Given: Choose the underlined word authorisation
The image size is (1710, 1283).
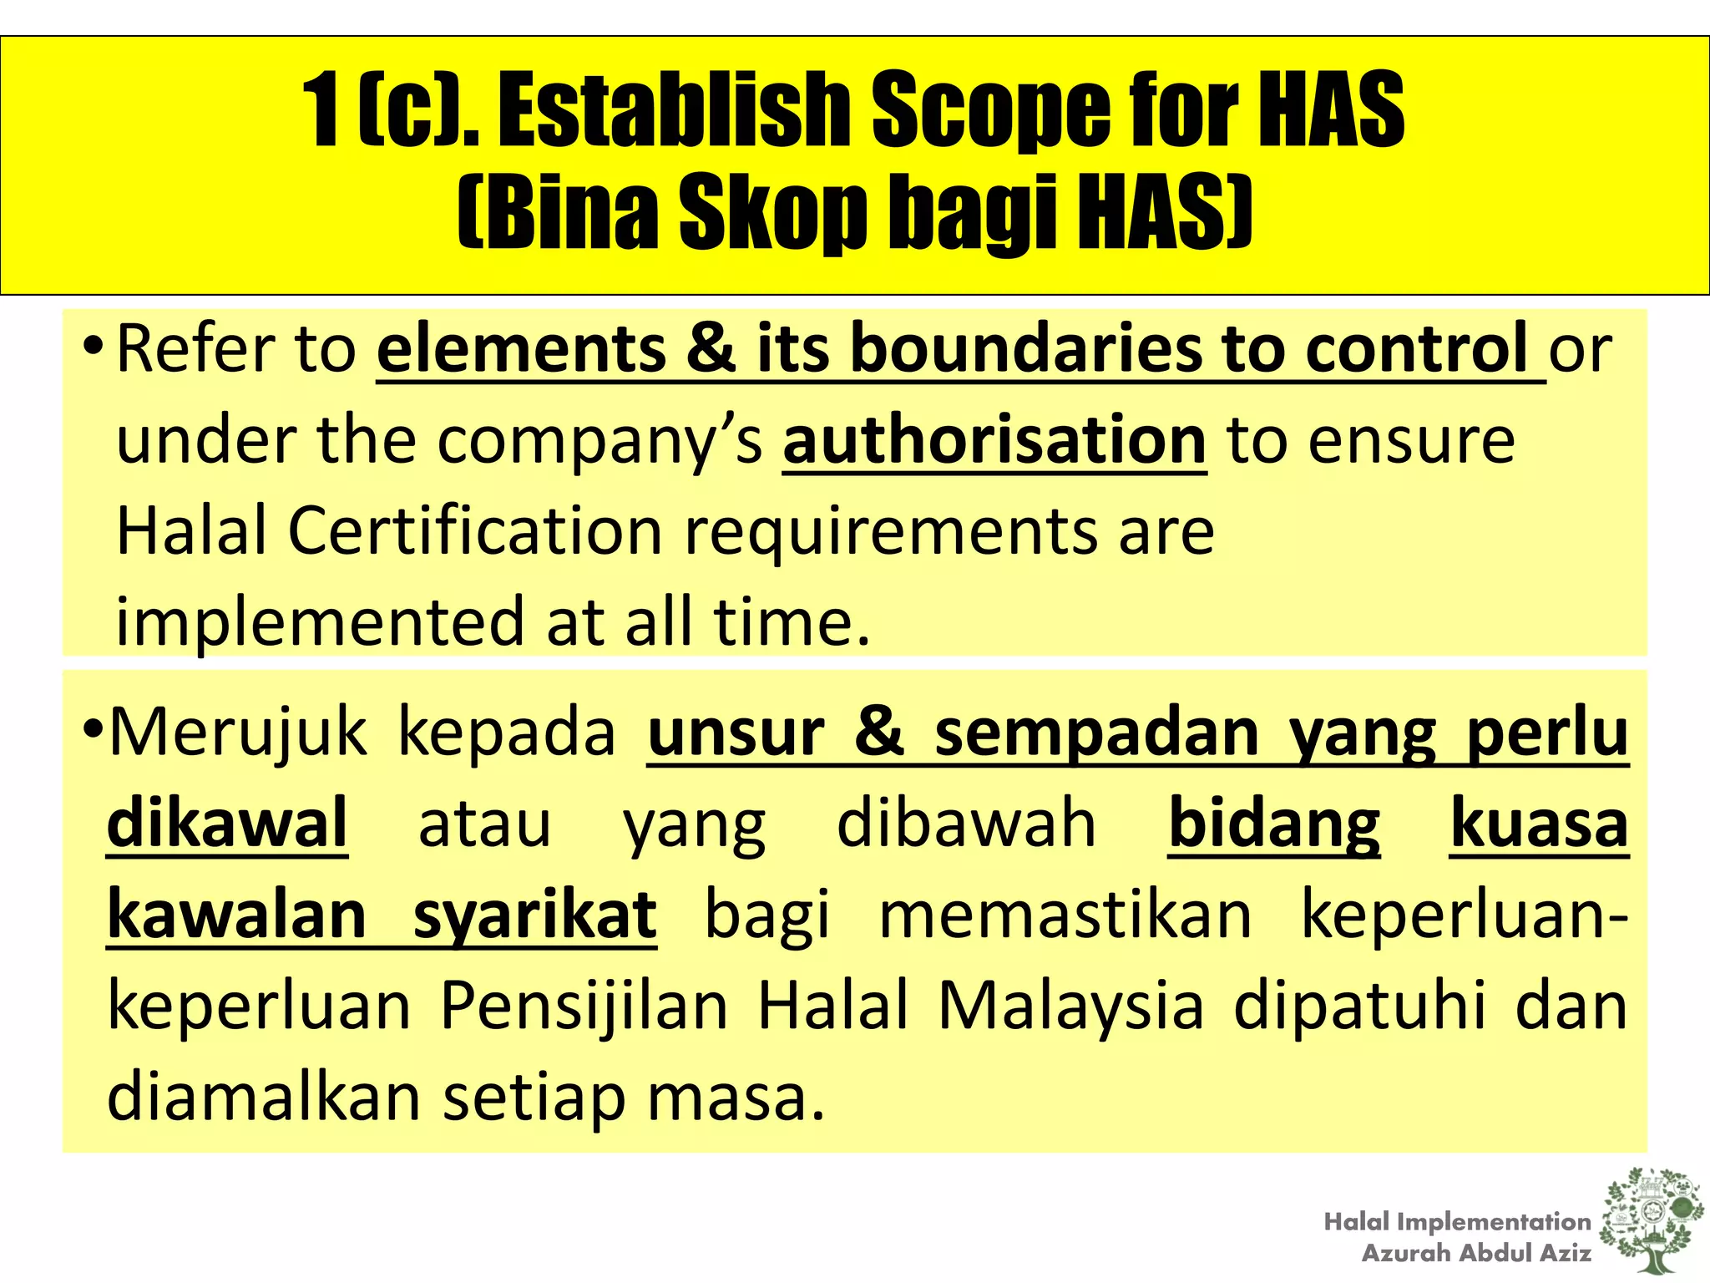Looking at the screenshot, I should point(994,440).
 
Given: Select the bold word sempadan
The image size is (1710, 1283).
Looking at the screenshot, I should point(1096,733).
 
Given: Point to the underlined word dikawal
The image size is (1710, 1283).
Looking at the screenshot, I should point(227,824).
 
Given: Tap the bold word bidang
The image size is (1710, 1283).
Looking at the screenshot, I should point(1274,824).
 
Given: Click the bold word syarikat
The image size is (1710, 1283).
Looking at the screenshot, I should point(534,915).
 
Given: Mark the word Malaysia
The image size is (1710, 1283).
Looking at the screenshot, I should point(1071,1006).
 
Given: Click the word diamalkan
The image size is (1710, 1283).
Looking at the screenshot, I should point(264,1097).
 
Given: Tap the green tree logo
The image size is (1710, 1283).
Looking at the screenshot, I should point(1652,1221).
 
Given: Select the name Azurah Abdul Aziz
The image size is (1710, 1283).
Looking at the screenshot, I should point(1476,1253).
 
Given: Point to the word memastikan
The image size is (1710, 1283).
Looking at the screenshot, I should point(1065,915).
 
